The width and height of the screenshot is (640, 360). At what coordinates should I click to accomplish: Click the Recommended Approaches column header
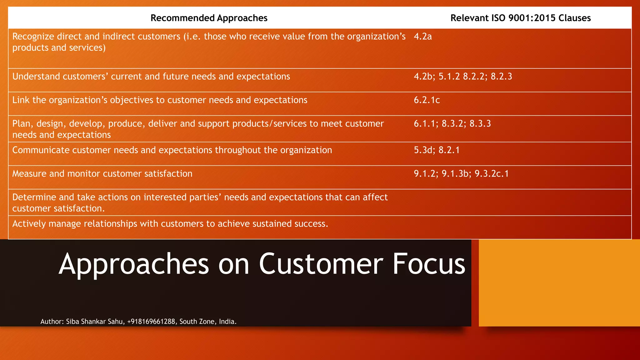point(209,18)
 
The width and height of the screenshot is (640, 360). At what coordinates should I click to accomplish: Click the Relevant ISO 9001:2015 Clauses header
point(520,18)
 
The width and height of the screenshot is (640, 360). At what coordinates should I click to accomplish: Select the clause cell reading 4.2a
point(423,37)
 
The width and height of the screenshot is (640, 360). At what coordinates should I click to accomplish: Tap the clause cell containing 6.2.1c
point(427,100)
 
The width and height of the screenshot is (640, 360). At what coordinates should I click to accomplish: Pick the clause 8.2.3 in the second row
point(501,77)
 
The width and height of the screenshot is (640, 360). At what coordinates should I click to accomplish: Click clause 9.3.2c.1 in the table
point(492,174)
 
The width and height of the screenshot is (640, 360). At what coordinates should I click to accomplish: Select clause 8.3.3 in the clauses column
point(480,124)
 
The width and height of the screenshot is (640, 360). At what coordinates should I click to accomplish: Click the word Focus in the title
point(429,264)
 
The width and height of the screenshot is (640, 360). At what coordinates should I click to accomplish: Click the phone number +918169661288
point(151,322)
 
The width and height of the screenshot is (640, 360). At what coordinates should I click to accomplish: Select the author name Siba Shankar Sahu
point(94,322)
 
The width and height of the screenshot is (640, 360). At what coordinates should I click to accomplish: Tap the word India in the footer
point(227,322)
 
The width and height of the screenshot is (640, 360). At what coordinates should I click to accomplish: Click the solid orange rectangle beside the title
point(559,283)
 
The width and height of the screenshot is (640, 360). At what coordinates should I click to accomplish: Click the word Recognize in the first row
point(33,37)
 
